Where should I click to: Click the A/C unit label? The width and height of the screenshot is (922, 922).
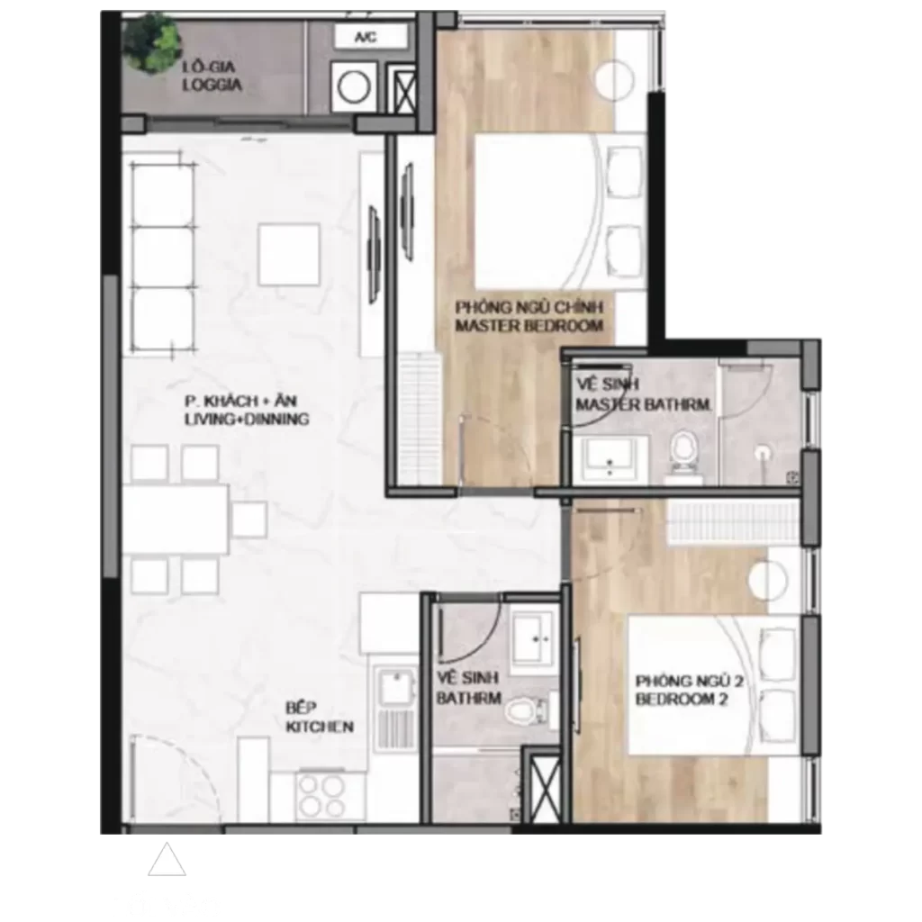click(366, 37)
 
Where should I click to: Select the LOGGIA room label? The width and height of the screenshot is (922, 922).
click(212, 86)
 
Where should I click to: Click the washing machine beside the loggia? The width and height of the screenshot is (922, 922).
click(353, 87)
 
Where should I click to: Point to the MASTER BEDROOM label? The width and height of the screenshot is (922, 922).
click(529, 326)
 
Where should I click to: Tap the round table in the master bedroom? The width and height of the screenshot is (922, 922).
click(615, 80)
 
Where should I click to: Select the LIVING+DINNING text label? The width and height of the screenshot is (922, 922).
click(247, 420)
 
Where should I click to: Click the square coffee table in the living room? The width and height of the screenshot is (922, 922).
click(289, 254)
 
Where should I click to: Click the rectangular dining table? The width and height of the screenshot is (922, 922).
click(176, 520)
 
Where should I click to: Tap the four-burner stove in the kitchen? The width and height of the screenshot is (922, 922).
click(320, 795)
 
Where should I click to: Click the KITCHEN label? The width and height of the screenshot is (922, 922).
click(320, 727)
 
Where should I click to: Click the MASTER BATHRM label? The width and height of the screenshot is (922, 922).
click(643, 404)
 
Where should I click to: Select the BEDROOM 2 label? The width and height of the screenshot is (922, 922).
click(682, 700)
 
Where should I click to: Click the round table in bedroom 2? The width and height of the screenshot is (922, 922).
click(767, 580)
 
